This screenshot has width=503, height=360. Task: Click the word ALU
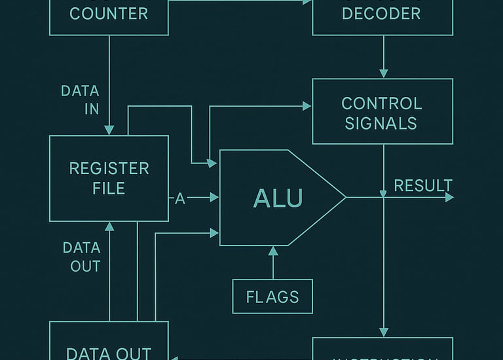278,198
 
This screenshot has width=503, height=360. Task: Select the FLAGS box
272,297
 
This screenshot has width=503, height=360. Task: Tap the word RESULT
422,185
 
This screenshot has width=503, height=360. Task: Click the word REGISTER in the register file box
109,168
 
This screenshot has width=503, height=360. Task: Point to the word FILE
109,189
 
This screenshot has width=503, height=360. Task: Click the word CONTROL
381,103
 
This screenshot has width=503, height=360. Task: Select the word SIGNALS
381,123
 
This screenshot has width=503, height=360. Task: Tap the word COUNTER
109,13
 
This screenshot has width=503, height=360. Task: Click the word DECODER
381,13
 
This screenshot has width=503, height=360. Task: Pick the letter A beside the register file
180,199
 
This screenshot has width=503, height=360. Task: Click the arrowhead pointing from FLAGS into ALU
273,251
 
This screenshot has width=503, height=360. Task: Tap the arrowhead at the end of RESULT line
449,197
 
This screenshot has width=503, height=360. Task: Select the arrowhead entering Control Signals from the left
307,105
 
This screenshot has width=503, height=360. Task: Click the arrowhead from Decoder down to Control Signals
384,73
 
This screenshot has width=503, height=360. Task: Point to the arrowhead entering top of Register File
109,130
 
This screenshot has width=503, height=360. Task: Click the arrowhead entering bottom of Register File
109,226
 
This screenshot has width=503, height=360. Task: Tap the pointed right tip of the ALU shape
345,197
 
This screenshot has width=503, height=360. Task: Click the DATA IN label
81,99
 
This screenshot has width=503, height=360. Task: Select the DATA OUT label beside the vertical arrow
81,257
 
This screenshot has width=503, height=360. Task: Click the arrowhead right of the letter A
214,197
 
